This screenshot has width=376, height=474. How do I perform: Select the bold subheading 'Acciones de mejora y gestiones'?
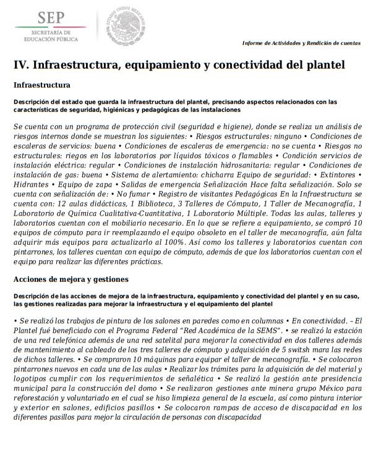click(70, 279)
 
